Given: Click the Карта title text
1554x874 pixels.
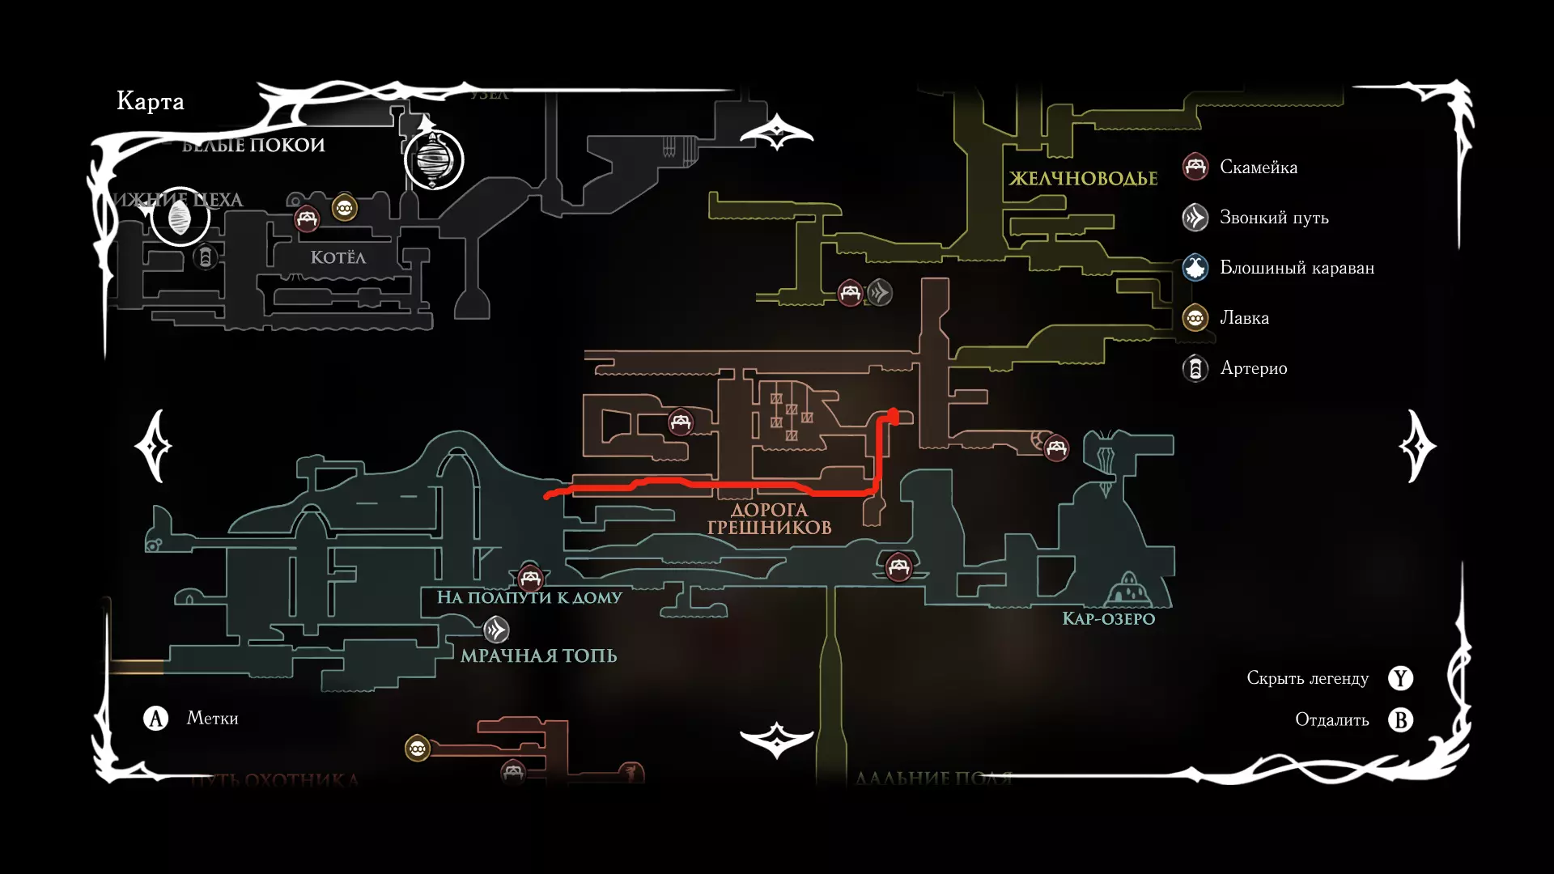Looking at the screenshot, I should click(x=151, y=101).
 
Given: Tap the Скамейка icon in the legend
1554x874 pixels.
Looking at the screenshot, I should click(x=1195, y=167).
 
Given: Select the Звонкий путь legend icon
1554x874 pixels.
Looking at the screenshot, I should click(x=1195, y=218).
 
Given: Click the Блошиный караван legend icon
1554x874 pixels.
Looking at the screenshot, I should click(x=1195, y=268).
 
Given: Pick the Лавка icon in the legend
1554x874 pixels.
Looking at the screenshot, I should click(x=1195, y=318).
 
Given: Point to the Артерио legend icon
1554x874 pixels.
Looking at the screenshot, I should click(x=1195, y=368).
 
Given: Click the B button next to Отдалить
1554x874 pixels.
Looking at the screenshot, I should click(x=1400, y=719).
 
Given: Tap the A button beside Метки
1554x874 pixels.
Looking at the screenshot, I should click(x=155, y=718).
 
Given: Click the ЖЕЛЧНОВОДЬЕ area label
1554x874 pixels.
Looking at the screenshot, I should click(x=1083, y=179).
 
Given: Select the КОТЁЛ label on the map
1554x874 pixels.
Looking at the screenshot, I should click(x=338, y=257).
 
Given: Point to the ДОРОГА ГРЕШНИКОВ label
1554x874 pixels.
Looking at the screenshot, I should click(x=769, y=519).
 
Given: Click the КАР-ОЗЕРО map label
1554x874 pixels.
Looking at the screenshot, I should click(x=1108, y=619).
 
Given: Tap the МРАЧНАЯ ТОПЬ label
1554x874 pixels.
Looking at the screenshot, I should click(x=538, y=655).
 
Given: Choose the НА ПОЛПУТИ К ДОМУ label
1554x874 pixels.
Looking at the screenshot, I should click(x=529, y=597).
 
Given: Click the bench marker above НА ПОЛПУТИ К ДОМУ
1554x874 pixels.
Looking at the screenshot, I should click(x=530, y=578).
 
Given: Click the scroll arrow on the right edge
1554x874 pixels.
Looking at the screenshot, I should click(x=1418, y=446).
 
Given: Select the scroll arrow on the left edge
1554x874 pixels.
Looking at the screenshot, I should click(x=154, y=446).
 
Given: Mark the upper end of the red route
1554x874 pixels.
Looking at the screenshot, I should click(x=894, y=414).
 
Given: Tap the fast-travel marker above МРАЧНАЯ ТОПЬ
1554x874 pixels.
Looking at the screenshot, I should click(x=496, y=629).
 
